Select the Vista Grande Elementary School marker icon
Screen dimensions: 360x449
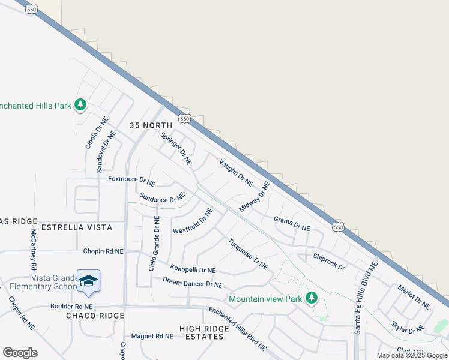pos(88,282)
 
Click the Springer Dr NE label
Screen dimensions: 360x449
pos(176,148)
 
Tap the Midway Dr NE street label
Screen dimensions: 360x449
pos(255,197)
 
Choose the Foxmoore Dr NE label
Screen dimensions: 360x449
pos(131,179)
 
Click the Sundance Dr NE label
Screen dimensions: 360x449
pos(162,197)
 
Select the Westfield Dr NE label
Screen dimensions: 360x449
pos(193,221)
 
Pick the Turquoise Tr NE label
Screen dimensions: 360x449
pos(247,254)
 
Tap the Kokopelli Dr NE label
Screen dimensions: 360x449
pos(193,269)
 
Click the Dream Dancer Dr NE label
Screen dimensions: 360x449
pos(193,283)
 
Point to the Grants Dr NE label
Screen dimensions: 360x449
pos(292,224)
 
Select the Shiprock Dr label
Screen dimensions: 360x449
pos(328,262)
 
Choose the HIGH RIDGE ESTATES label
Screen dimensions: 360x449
pos(204,332)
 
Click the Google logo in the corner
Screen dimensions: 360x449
pos(20,352)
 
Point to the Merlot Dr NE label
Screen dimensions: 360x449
pos(414,296)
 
